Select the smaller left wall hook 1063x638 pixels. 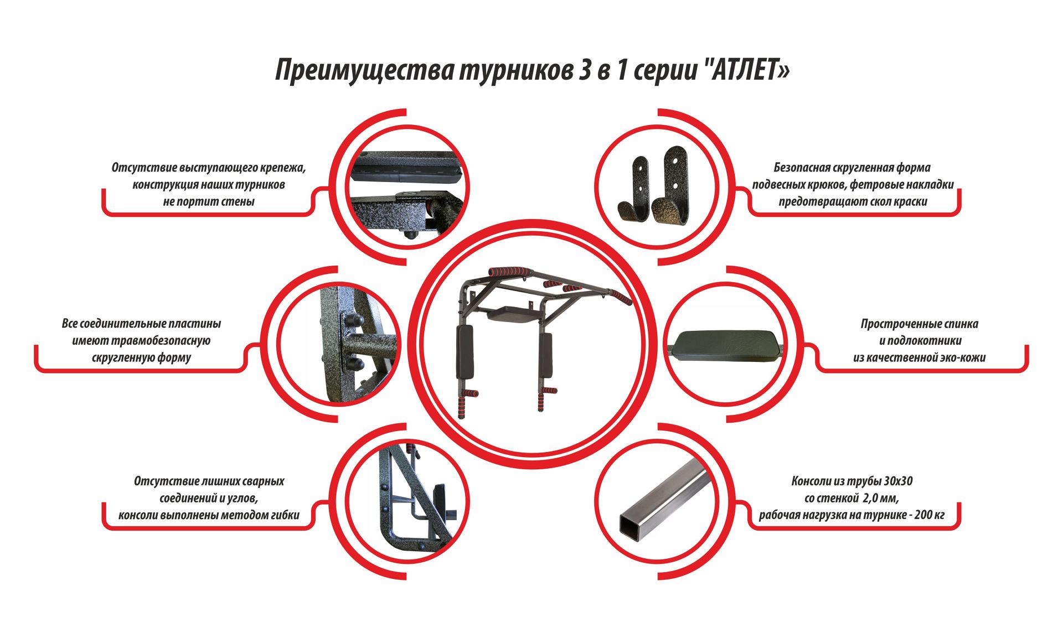(x=634, y=190)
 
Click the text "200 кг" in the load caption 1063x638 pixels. (x=930, y=515)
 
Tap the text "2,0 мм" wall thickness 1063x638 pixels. (x=880, y=499)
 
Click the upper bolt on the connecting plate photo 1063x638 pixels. (x=354, y=321)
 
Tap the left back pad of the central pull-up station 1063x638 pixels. (x=463, y=351)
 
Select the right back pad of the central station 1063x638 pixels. (x=546, y=354)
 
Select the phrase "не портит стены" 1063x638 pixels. (x=209, y=202)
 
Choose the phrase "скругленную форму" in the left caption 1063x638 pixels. (x=141, y=358)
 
